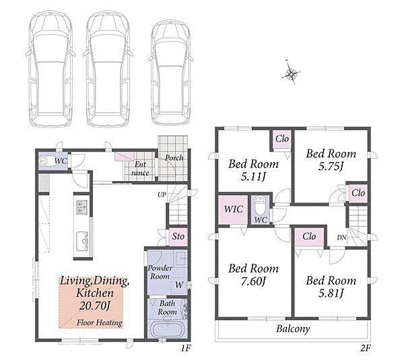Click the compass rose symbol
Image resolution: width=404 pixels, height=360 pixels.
pyautogui.click(x=292, y=73)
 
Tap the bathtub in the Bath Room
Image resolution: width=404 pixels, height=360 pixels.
pyautogui.click(x=168, y=329)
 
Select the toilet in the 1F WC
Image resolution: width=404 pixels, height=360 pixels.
pyautogui.click(x=45, y=161)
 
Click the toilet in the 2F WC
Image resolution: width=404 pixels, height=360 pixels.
pyautogui.click(x=260, y=205)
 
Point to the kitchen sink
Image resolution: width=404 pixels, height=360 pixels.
pyautogui.click(x=82, y=242)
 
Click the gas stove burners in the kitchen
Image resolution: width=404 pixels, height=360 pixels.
pyautogui.click(x=81, y=207)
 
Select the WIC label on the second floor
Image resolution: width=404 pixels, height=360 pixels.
pyautogui.click(x=233, y=209)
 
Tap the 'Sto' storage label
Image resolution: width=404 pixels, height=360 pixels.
pyautogui.click(x=178, y=236)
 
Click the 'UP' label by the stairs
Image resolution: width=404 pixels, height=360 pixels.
pyautogui.click(x=162, y=194)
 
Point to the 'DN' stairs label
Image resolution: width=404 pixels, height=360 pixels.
pyautogui.click(x=341, y=238)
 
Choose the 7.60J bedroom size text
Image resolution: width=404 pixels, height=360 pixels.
pyautogui.click(x=254, y=281)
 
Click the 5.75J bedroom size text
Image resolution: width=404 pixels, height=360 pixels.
pyautogui.click(x=331, y=167)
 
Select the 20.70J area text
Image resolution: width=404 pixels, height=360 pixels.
pyautogui.click(x=95, y=305)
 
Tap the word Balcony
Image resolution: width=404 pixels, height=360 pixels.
pyautogui.click(x=293, y=329)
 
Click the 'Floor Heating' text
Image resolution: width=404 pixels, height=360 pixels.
pyautogui.click(x=100, y=322)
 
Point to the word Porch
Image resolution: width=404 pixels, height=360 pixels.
pyautogui.click(x=174, y=157)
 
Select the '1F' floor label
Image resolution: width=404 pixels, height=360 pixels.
pyautogui.click(x=185, y=349)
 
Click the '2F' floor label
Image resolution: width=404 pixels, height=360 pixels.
pyautogui.click(x=365, y=349)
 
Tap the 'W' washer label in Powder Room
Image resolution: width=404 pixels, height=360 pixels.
pyautogui.click(x=179, y=285)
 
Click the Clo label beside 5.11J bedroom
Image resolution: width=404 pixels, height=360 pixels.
pyautogui.click(x=282, y=139)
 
